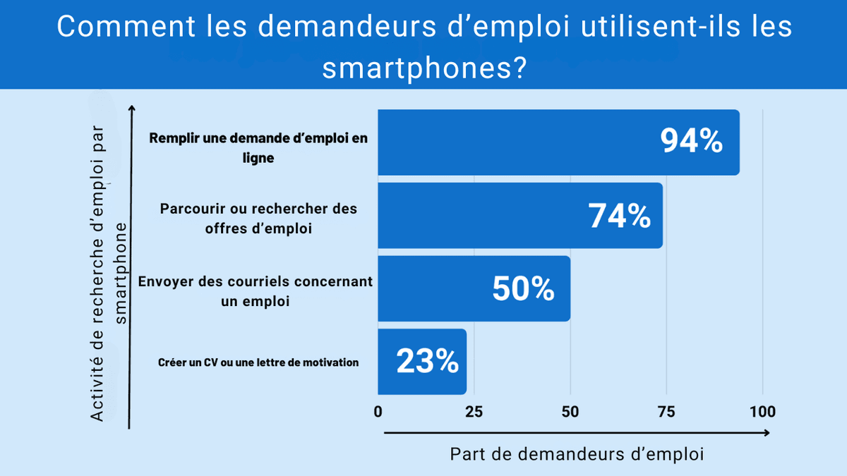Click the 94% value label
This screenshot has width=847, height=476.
tap(691, 142)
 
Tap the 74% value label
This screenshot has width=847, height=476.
tap(620, 216)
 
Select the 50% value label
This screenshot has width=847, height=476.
tap(523, 289)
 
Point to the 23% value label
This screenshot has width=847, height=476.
tap(427, 362)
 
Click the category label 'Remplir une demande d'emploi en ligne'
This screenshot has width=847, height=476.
tap(258, 148)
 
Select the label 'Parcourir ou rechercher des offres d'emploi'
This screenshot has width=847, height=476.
tap(258, 219)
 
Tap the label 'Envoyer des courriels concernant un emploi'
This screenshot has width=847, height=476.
tap(255, 291)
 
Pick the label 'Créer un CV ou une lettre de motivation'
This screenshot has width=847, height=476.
tap(258, 362)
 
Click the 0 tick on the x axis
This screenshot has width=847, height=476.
tap(378, 412)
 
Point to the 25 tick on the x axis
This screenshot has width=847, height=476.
tap(474, 412)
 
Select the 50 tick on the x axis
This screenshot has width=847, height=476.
tap(570, 412)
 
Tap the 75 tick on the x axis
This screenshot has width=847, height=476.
tap(666, 412)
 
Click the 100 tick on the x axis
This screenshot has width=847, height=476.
tap(762, 412)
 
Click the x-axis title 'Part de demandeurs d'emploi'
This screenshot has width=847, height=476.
tap(577, 454)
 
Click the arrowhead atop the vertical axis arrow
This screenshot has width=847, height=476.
tap(132, 109)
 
